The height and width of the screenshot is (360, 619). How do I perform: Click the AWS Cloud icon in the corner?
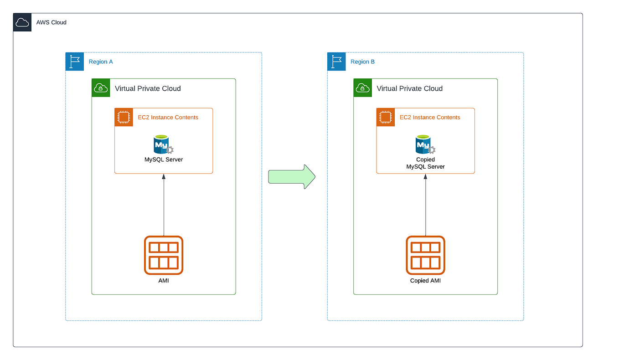pos(22,22)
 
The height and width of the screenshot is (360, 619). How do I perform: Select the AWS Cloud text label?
pos(51,22)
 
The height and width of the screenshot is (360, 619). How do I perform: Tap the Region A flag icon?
pos(75,62)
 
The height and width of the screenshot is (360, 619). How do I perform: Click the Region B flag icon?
pos(336,62)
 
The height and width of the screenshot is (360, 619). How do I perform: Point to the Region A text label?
pos(101,62)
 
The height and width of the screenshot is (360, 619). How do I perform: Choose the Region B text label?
pos(362,62)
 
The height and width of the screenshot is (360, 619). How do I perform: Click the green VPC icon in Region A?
pos(101,88)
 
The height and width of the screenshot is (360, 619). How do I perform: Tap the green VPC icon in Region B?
pos(363,88)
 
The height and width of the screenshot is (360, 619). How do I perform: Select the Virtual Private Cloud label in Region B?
pos(409,88)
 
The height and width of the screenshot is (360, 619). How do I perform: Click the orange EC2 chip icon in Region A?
pos(124,117)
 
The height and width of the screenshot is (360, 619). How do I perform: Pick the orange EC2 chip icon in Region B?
pos(386,117)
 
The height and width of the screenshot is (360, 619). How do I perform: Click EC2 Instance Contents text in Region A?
pos(168,118)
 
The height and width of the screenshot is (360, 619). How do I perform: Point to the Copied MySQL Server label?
pos(425,163)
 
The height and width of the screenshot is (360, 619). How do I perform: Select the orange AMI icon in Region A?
pos(163,255)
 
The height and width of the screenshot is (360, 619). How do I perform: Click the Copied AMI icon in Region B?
pos(425,255)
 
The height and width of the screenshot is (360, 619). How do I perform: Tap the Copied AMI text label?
pos(425,281)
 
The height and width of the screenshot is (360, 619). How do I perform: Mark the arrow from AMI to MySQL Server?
pos(163,205)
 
